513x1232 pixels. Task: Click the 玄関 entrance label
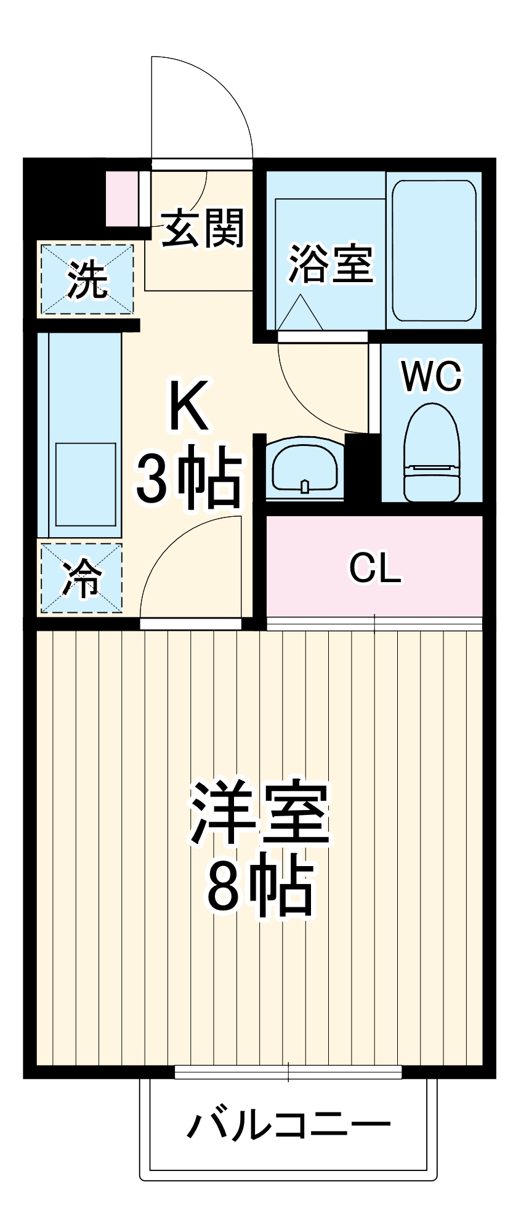click(203, 228)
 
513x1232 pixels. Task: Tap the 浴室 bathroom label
click(331, 265)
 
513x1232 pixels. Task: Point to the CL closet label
click(375, 568)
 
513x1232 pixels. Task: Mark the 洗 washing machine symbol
click(87, 279)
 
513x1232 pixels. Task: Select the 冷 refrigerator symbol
click(81, 578)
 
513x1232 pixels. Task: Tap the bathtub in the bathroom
click(434, 251)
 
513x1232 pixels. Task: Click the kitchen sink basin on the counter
click(86, 484)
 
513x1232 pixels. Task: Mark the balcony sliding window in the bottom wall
click(288, 1072)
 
